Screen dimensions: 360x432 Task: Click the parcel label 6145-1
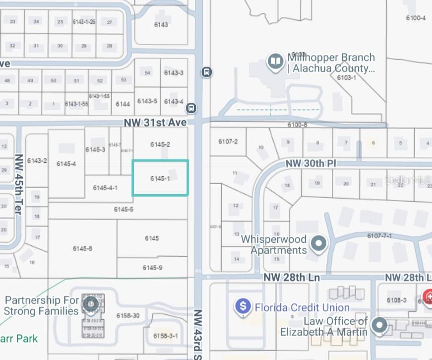[x=160, y=178]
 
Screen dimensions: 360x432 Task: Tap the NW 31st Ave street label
[x=155, y=122]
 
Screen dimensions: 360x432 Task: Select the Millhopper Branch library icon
[x=275, y=62]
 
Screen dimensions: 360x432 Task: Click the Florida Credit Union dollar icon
[x=243, y=306]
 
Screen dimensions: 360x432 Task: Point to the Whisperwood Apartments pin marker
[x=319, y=243]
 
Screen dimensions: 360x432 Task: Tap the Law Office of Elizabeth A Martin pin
[x=380, y=326]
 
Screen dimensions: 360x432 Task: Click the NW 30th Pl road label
[x=311, y=163]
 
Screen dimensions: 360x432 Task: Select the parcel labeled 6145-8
[x=82, y=249]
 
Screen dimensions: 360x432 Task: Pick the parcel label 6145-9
[x=152, y=268]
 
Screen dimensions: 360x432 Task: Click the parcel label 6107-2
[x=228, y=142]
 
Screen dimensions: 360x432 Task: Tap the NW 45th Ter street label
[x=19, y=184]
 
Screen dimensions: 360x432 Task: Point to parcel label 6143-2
[x=37, y=160]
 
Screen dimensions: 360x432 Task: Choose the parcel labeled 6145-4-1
[x=105, y=188]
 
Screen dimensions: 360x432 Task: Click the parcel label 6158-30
[x=128, y=316]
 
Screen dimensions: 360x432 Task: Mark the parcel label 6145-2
[x=160, y=144]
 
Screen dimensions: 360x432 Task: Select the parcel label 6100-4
[x=416, y=18]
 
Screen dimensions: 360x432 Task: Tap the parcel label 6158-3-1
[x=165, y=336]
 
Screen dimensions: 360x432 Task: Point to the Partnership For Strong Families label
[x=42, y=306]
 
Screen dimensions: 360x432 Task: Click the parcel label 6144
[x=123, y=104]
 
